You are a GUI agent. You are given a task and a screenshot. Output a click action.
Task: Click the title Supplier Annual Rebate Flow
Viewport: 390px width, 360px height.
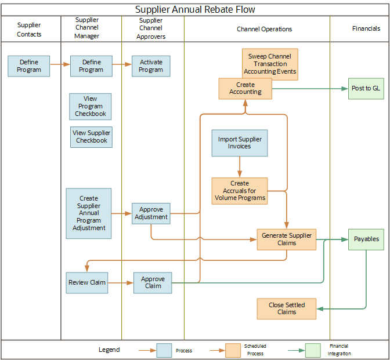pyautogui.click(x=195, y=9)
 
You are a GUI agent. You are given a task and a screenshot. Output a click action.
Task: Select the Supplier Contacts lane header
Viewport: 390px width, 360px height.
pyautogui.click(x=29, y=30)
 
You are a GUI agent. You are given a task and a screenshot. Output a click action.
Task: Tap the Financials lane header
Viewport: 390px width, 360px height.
pyautogui.click(x=366, y=28)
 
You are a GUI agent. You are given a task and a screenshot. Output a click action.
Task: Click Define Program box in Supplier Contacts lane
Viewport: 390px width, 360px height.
pyautogui.click(x=29, y=66)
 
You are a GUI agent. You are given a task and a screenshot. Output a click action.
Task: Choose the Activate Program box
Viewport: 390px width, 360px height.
pyautogui.click(x=151, y=66)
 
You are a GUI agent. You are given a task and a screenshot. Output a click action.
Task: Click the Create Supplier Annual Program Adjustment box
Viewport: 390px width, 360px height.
pyautogui.click(x=89, y=213)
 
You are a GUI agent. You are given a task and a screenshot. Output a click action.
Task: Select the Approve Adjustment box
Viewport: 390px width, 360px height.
pyautogui.click(x=151, y=213)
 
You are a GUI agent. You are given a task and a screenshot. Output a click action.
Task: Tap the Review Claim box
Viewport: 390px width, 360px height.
pyautogui.click(x=87, y=282)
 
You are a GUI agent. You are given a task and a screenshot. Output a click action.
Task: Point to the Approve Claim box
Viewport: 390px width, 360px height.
pyautogui.click(x=153, y=282)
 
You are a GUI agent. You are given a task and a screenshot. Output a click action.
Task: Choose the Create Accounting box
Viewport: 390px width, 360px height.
pyautogui.click(x=245, y=88)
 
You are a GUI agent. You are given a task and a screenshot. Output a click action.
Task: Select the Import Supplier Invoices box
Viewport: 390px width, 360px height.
pyautogui.click(x=240, y=143)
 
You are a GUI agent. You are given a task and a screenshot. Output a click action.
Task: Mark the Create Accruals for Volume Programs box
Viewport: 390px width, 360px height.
pyautogui.click(x=240, y=191)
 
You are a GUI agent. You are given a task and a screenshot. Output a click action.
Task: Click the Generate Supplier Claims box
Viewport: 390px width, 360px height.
pyautogui.click(x=287, y=239)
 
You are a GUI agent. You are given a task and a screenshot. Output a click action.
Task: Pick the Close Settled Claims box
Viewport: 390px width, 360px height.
pyautogui.click(x=287, y=308)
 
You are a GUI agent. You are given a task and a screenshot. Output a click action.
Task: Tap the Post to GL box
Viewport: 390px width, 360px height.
pyautogui.click(x=366, y=88)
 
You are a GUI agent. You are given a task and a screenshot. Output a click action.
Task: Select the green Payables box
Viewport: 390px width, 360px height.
pyautogui.click(x=366, y=239)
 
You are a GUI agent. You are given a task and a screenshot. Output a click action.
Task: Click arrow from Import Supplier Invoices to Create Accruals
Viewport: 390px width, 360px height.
pyautogui.click(x=240, y=167)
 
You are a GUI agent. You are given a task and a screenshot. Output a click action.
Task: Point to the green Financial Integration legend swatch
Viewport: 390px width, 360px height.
pyautogui.click(x=313, y=350)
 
